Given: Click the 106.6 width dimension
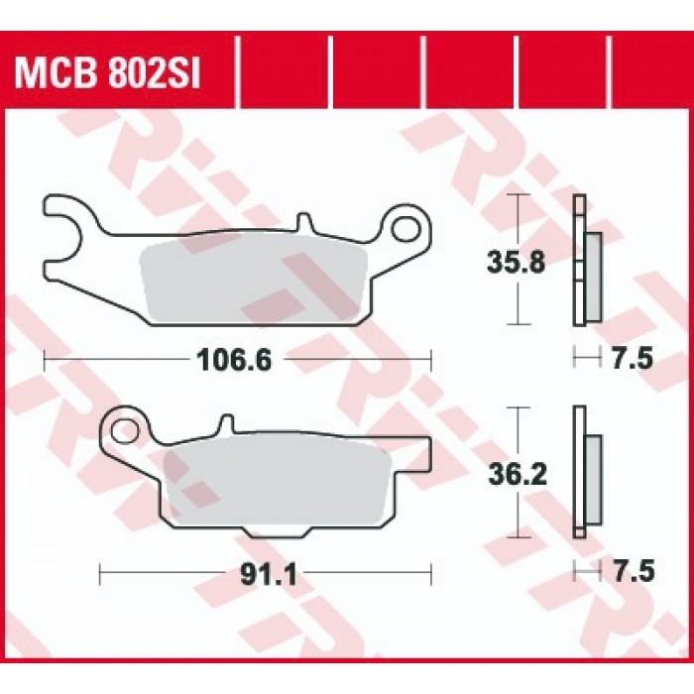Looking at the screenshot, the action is tap(235, 360).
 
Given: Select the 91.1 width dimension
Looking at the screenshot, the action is tap(269, 575).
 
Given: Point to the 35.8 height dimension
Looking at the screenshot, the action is tap(516, 262).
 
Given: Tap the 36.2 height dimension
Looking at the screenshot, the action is tap(518, 474).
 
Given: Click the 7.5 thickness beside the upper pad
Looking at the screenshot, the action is tap(633, 358).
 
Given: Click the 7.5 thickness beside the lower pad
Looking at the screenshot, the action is tap(633, 571).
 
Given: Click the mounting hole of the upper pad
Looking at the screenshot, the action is tap(406, 228).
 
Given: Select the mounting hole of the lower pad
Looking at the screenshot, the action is tap(124, 430).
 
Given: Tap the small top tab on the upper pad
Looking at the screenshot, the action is tap(304, 222).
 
